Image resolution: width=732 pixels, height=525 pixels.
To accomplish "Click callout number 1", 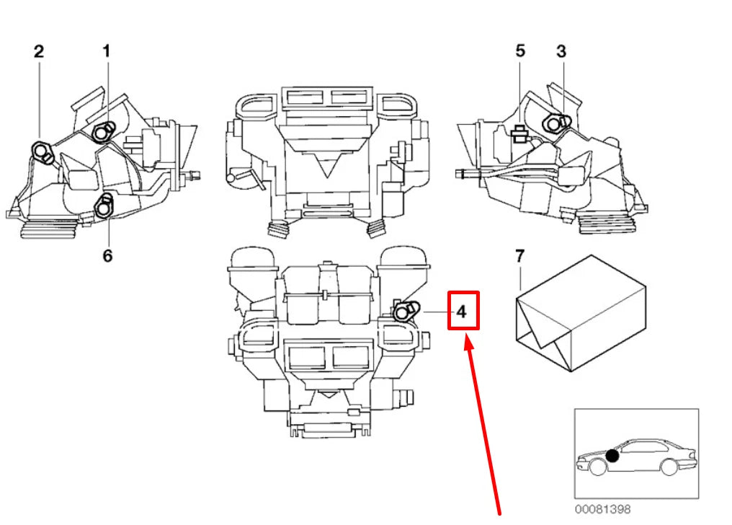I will click(x=106, y=51).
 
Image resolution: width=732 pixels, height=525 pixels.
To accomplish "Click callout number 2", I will click(x=39, y=51).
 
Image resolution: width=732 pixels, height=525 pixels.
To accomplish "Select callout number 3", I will click(x=561, y=51).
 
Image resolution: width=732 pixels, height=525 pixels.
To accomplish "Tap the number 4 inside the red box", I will click(x=462, y=312).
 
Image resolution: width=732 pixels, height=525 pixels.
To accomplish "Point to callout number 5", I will click(x=520, y=51).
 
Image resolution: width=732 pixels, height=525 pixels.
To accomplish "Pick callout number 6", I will click(x=107, y=256).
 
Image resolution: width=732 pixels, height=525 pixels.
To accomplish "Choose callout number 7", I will click(x=520, y=255).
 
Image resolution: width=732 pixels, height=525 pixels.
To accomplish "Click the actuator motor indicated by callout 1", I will click(x=104, y=130).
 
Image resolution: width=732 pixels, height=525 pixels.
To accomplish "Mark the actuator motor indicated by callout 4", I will click(x=405, y=310).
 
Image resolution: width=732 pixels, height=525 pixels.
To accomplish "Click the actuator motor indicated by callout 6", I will click(x=105, y=206).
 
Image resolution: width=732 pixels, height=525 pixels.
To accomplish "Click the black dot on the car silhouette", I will click(x=612, y=455).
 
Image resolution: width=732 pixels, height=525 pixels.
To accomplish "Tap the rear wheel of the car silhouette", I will click(x=669, y=467).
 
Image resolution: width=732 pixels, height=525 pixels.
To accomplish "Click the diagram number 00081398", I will click(x=602, y=509).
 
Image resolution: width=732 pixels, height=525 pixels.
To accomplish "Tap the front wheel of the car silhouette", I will click(x=597, y=467).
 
